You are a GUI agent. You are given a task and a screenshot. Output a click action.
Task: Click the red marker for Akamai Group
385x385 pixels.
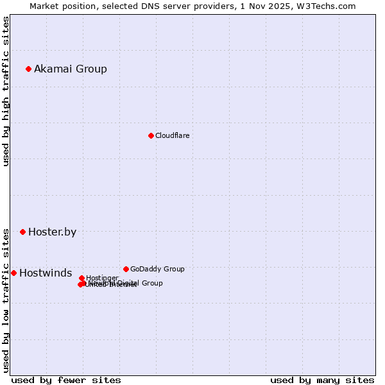click(29, 69)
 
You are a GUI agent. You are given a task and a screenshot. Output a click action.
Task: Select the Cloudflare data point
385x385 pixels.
click(151, 135)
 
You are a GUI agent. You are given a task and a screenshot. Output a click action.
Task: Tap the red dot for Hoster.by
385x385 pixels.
click(23, 232)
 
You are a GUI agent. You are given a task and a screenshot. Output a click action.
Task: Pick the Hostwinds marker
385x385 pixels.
click(13, 273)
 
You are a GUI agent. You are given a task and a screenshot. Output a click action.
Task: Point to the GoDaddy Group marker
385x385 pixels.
click(126, 269)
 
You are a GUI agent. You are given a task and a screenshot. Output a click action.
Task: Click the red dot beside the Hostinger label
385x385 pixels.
click(81, 278)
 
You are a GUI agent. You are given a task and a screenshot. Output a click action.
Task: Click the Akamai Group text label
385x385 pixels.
click(71, 69)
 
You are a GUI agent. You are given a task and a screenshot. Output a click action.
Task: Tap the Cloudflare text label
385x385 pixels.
click(172, 136)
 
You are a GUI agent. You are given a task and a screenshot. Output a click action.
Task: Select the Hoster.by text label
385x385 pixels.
click(52, 232)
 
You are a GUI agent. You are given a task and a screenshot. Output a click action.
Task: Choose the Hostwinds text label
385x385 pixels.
click(46, 273)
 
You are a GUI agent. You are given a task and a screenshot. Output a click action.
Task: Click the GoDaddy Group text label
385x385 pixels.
click(157, 269)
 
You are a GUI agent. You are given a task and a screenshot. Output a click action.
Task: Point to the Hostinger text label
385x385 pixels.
click(102, 278)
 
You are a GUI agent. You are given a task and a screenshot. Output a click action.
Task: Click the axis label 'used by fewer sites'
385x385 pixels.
click(66, 381)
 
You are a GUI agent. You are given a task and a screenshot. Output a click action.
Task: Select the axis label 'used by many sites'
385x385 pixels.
click(322, 381)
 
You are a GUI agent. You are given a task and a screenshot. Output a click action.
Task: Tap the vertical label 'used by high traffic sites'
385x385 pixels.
click(6, 91)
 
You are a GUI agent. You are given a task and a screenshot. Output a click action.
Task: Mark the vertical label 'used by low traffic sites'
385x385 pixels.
click(6, 300)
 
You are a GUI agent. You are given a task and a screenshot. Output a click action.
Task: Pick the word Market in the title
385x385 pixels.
click(44, 6)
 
